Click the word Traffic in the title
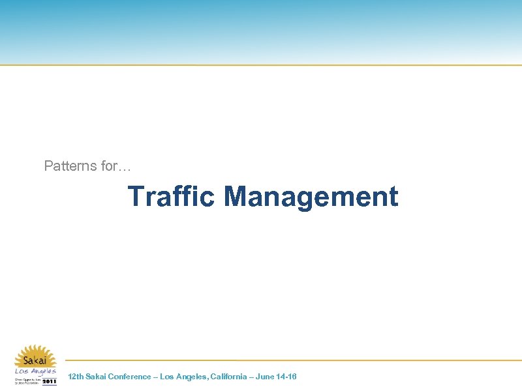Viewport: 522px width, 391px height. (171, 196)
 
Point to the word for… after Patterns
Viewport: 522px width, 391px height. (116, 166)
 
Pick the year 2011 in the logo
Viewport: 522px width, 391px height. (50, 381)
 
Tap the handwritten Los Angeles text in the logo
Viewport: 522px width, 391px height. (35, 371)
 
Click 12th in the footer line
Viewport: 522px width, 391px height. (76, 377)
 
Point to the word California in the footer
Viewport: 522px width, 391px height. (228, 377)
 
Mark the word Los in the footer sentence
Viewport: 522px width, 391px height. (167, 377)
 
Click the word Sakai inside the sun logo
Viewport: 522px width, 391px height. (35, 360)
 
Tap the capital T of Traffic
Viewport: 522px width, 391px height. (136, 196)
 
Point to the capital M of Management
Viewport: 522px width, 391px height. (235, 196)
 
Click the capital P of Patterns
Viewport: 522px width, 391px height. (48, 166)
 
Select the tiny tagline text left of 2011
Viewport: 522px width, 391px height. (27, 381)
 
